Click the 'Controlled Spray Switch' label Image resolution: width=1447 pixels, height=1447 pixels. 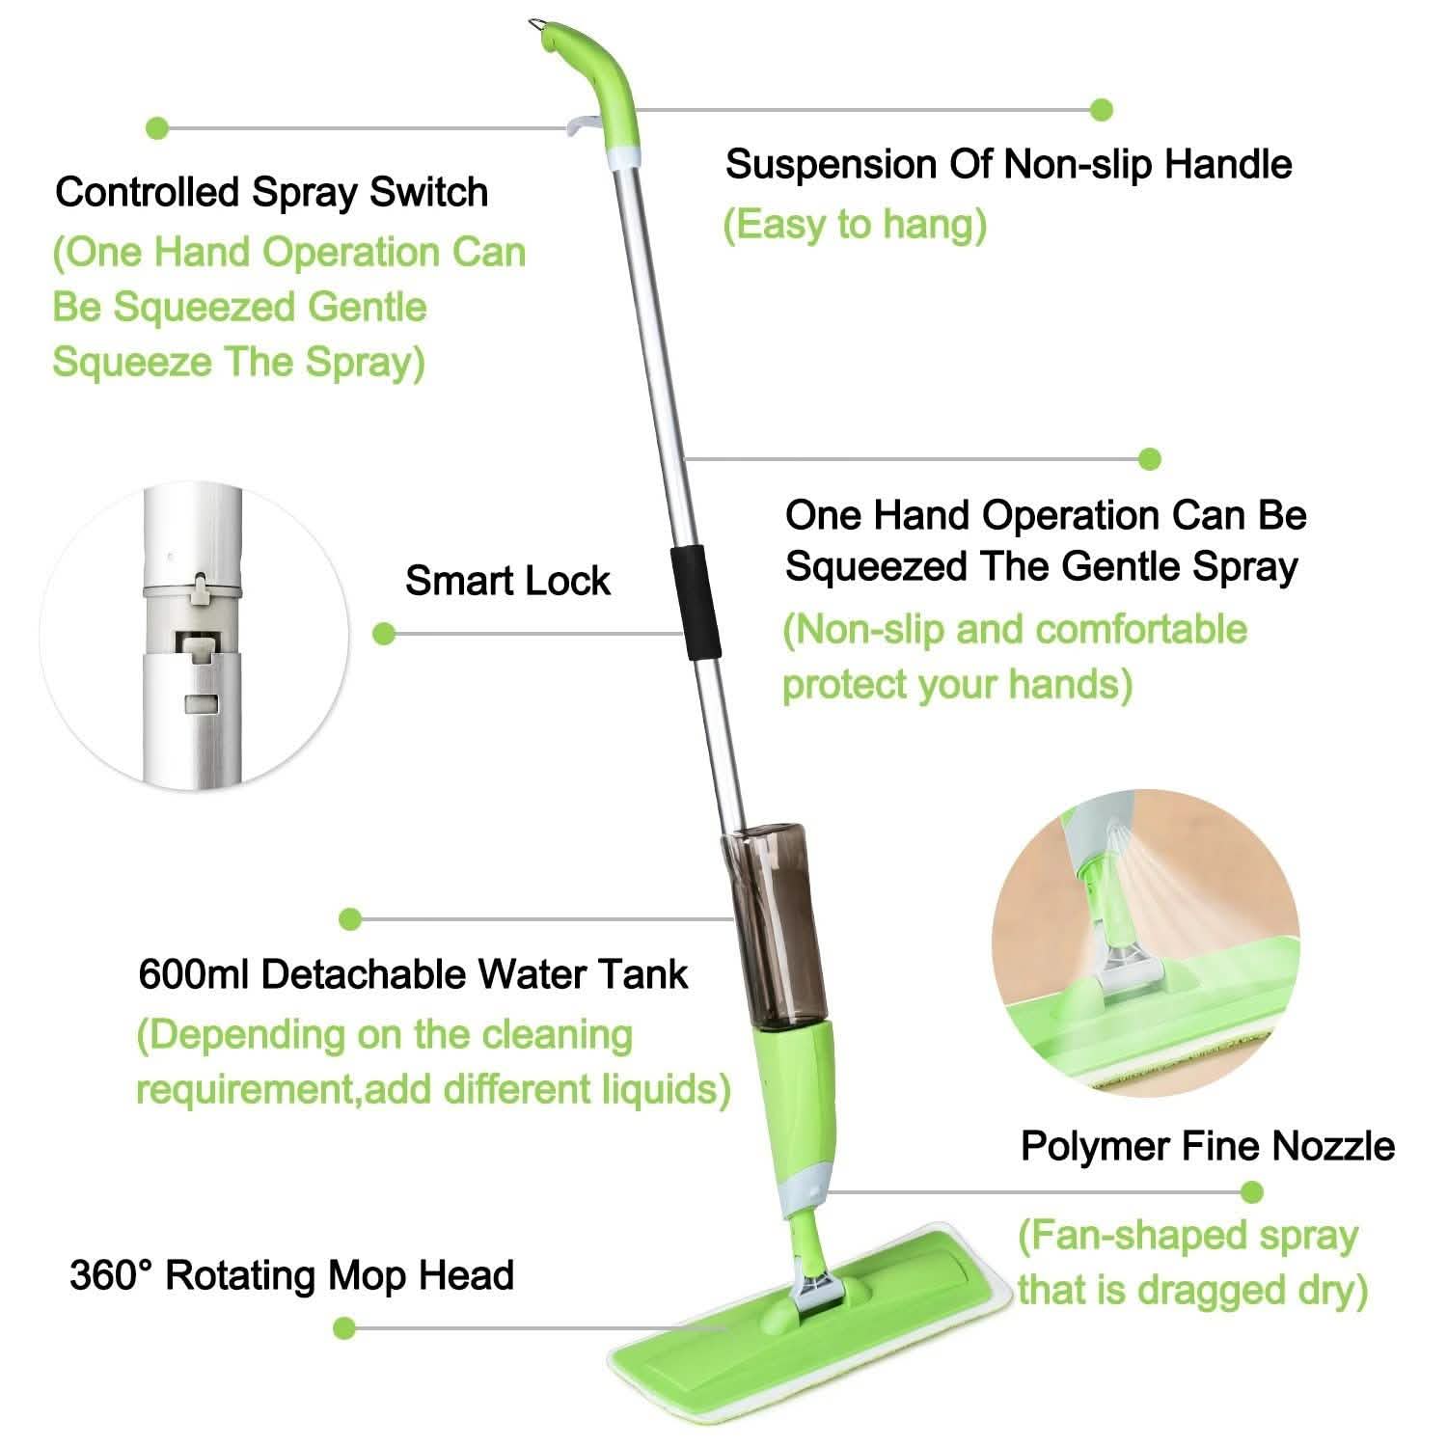click(271, 192)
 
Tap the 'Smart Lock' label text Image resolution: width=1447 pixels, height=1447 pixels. click(507, 581)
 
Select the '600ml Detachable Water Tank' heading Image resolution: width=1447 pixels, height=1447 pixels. click(413, 974)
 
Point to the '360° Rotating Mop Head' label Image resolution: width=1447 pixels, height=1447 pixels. click(291, 1275)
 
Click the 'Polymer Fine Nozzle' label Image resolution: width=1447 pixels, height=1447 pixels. click(1207, 1146)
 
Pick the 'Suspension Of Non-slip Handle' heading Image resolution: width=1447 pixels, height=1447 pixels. click(1008, 164)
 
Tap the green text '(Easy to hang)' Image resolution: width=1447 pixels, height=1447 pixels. click(855, 225)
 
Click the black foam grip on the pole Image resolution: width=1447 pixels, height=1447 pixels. click(689, 603)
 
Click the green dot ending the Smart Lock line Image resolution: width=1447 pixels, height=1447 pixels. click(384, 634)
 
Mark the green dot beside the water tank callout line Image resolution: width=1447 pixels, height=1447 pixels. click(351, 919)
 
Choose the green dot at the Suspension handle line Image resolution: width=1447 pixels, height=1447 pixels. click(1101, 110)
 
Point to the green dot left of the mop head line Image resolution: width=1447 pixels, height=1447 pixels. click(344, 1328)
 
